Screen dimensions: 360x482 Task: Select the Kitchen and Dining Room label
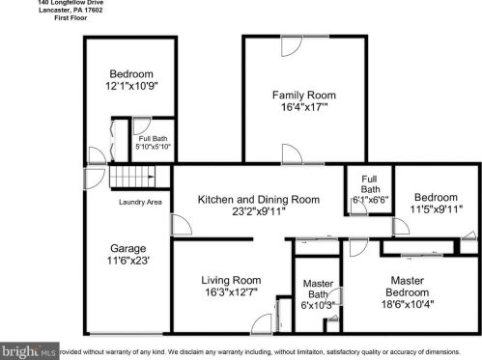(258, 200)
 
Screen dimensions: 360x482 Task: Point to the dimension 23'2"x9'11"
(258, 212)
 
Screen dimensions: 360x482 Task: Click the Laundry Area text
(141, 202)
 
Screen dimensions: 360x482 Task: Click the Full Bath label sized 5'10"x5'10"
(148, 143)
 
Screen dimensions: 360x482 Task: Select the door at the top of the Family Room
(290, 42)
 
